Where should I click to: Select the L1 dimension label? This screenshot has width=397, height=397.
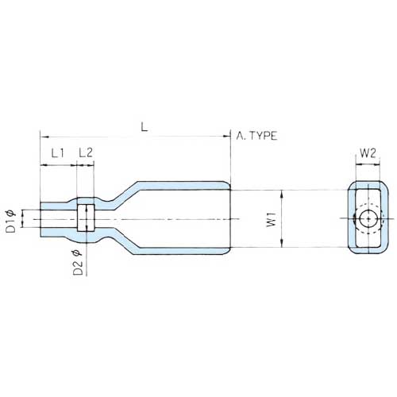(x=57, y=152)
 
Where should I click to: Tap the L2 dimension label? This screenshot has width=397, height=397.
(x=86, y=152)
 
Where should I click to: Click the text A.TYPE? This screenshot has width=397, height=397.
(x=256, y=137)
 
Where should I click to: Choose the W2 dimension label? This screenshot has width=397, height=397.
(x=368, y=152)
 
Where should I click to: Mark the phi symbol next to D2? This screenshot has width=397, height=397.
(x=78, y=252)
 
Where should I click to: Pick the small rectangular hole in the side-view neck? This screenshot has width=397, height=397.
(x=86, y=217)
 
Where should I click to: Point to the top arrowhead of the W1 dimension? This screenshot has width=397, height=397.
(x=282, y=193)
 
